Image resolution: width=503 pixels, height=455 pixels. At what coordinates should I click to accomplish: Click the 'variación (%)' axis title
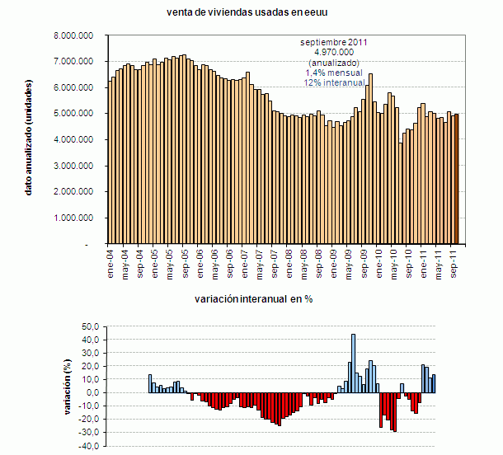pyautogui.click(x=68, y=385)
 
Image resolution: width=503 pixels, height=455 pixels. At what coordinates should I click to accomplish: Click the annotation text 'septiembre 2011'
pyautogui.click(x=334, y=41)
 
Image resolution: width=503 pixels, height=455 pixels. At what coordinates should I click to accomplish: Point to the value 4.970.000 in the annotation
pyautogui.click(x=334, y=52)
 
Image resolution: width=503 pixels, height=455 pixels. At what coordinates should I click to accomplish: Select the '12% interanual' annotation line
pyautogui.click(x=334, y=83)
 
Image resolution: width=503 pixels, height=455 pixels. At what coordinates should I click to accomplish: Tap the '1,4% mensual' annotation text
pyautogui.click(x=334, y=73)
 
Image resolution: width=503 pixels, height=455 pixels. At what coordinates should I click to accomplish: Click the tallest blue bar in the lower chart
pyautogui.click(x=353, y=363)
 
